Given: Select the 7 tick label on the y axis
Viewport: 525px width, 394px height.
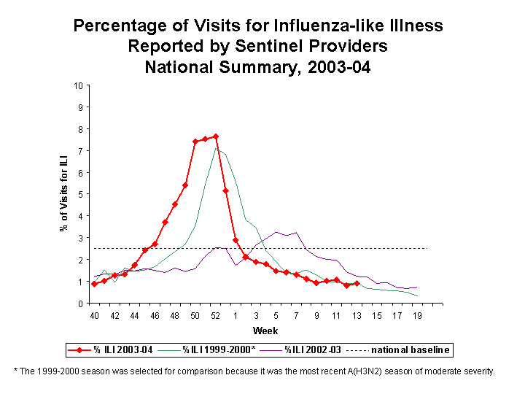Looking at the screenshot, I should click(79, 151).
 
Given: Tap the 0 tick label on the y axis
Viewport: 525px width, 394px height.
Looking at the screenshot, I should click(79, 304).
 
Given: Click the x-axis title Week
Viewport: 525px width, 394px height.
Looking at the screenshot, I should click(260, 331).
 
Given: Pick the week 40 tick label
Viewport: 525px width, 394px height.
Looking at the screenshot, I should click(94, 316).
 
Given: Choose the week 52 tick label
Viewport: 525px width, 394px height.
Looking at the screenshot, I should click(215, 316).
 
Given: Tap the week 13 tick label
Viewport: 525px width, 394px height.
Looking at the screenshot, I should click(356, 316).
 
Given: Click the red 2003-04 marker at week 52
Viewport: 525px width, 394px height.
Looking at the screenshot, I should click(216, 136).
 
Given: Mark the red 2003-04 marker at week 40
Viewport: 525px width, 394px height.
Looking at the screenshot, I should click(94, 284).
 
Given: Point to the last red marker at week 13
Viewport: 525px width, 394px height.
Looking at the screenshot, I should click(357, 283).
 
